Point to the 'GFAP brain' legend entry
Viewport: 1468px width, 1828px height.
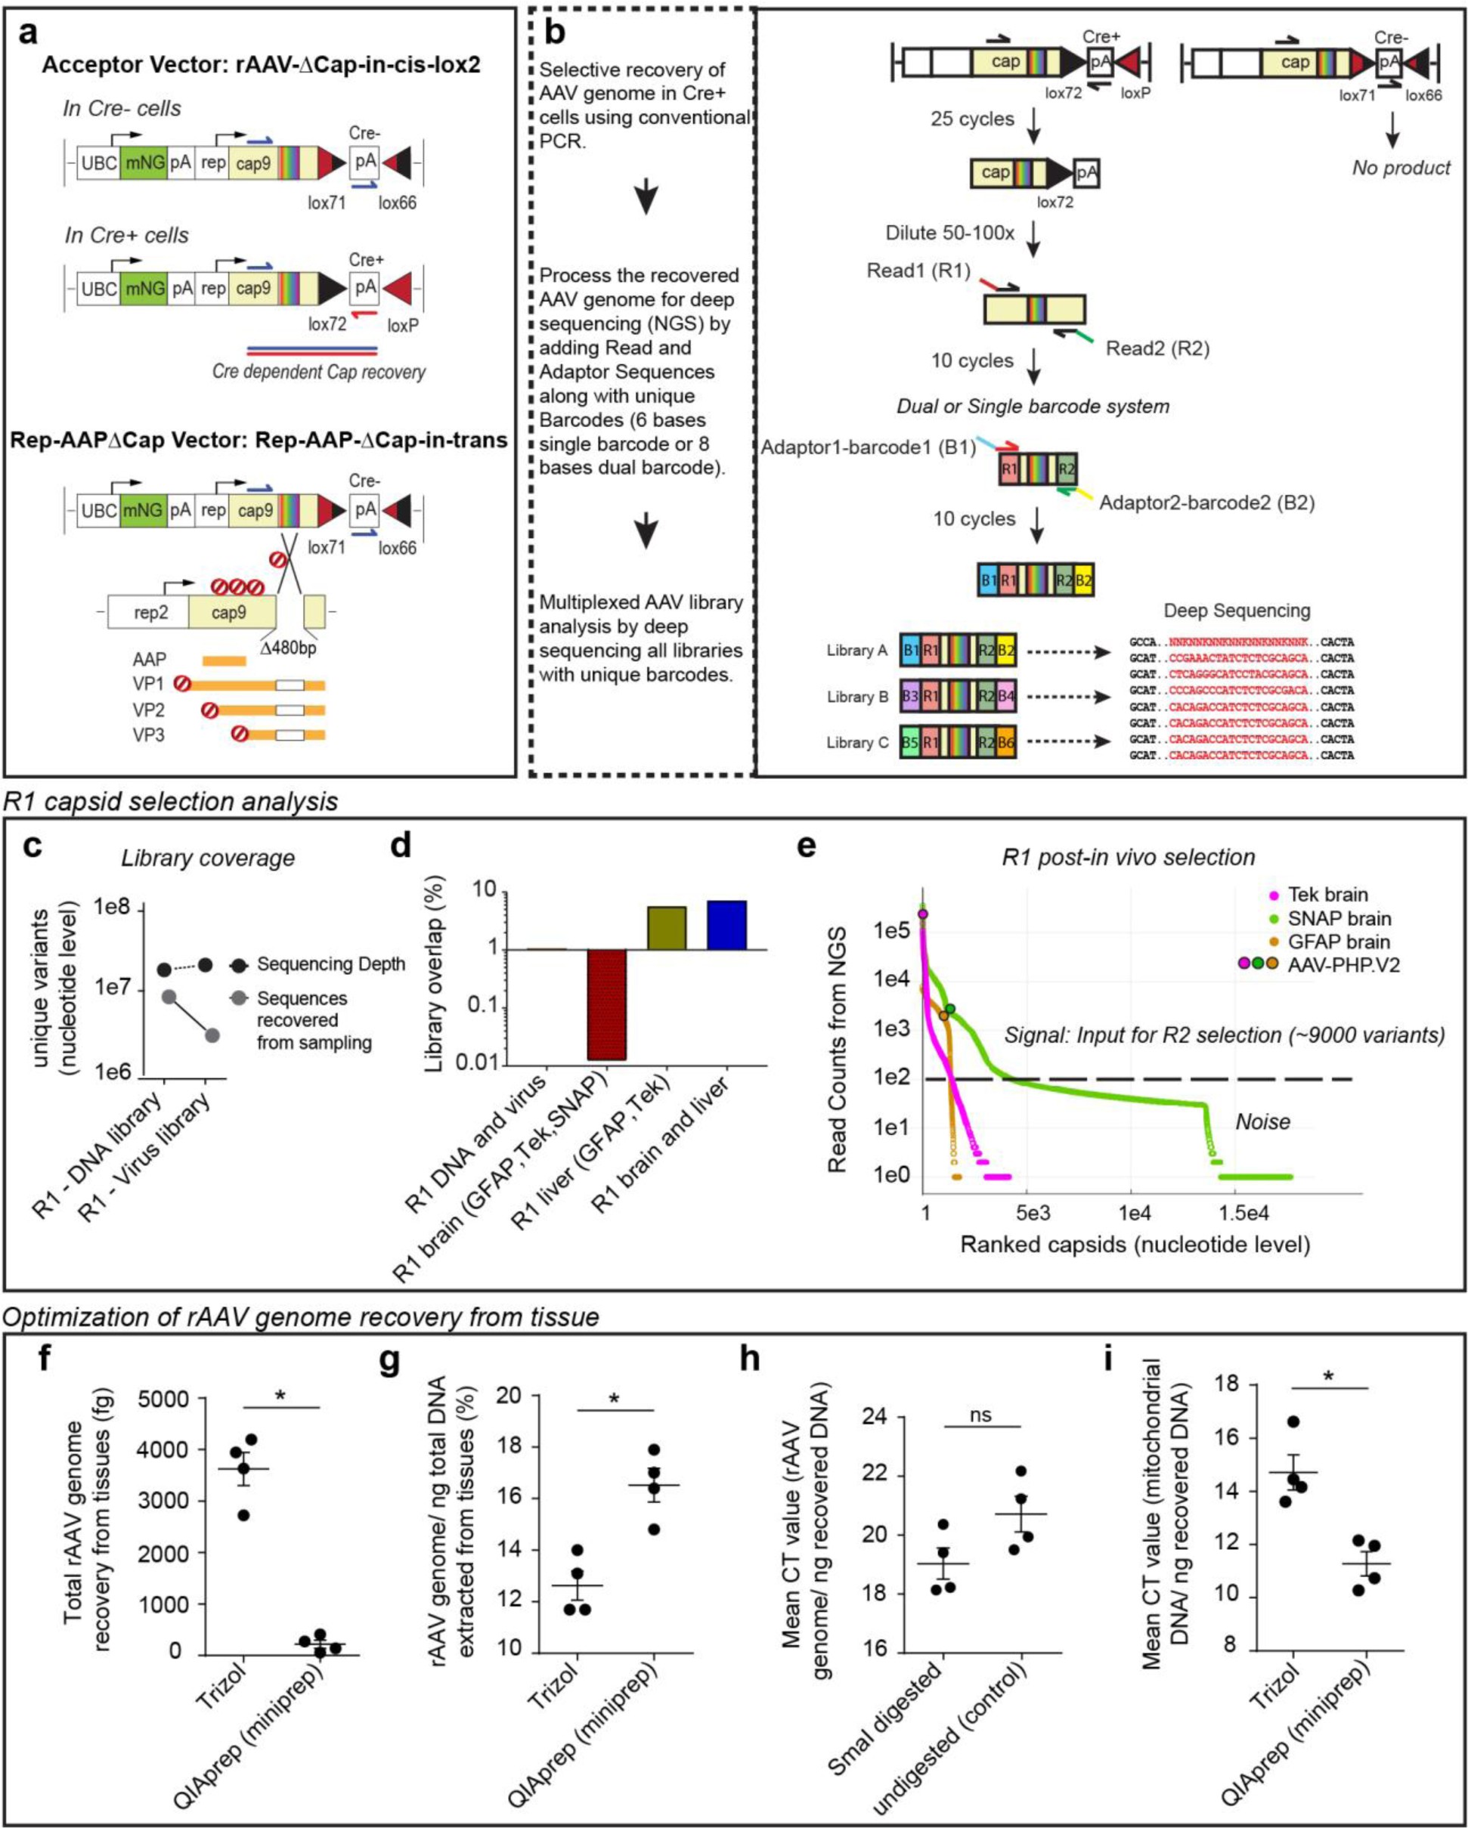point(1338,942)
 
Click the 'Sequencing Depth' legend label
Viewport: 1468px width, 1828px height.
point(331,964)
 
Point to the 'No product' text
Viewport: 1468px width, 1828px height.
point(1401,168)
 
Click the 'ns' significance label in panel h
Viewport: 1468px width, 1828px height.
point(980,1415)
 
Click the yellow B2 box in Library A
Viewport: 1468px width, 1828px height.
point(1006,651)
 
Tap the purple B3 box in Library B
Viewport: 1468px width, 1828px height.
point(910,697)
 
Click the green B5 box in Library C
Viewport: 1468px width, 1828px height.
point(910,743)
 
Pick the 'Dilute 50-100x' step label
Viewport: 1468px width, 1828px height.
point(950,234)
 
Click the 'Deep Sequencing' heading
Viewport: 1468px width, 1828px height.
point(1237,611)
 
